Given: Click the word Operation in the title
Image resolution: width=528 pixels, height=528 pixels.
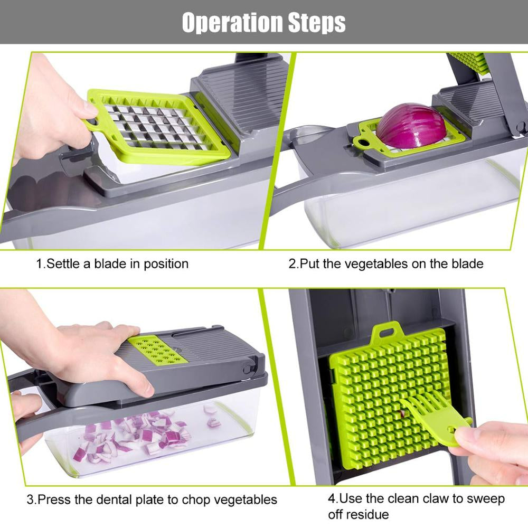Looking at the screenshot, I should pyautogui.click(x=224, y=22).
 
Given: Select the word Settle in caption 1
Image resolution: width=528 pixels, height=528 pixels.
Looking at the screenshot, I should pyautogui.click(x=63, y=263).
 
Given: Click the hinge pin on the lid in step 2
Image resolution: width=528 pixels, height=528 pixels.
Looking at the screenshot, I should pyautogui.click(x=521, y=127).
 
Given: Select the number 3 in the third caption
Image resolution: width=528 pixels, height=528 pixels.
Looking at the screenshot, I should pyautogui.click(x=30, y=499).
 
